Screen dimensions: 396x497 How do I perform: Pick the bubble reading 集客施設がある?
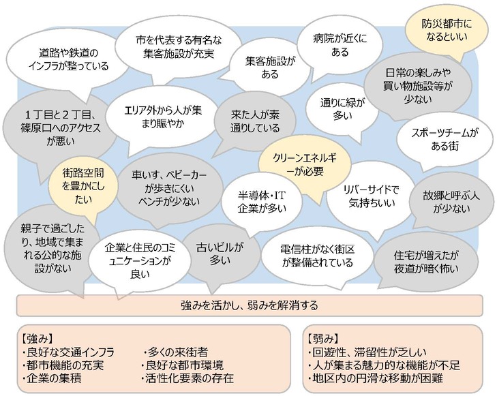270,67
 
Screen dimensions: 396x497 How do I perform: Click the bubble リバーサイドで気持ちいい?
372,196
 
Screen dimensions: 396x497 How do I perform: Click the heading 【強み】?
38,338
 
